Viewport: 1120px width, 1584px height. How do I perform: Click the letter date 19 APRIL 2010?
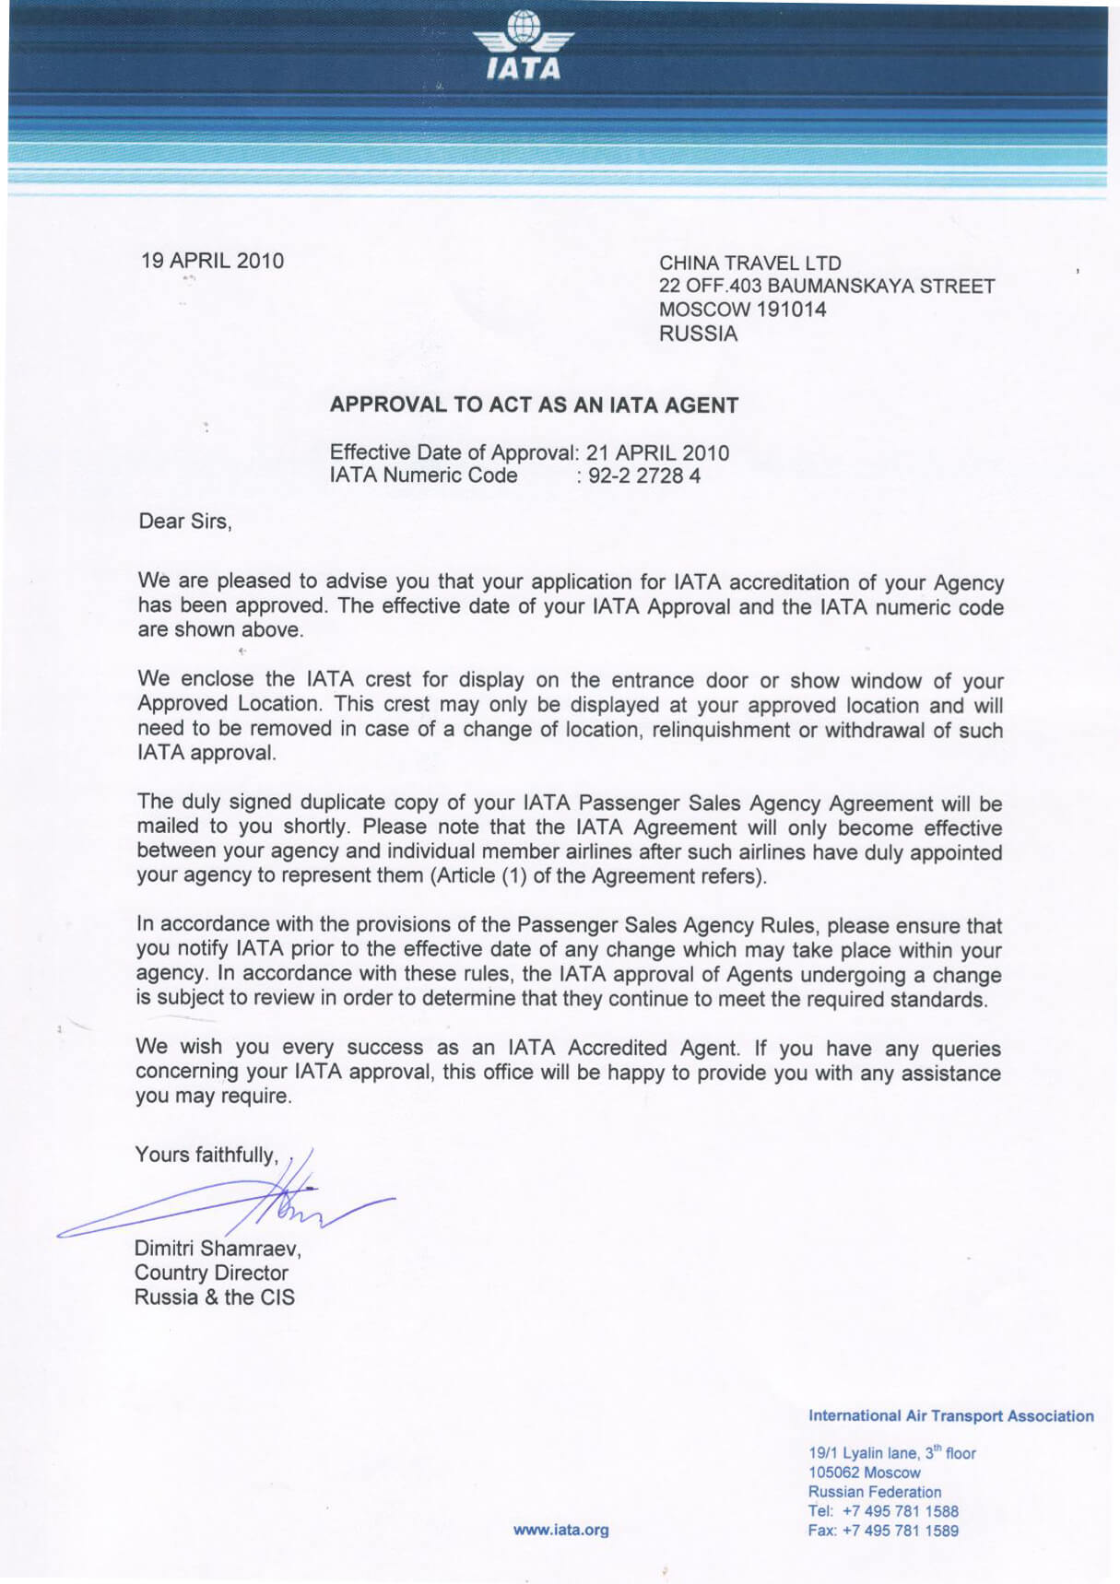pos(212,261)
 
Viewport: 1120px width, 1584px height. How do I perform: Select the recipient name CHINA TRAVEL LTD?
pos(749,263)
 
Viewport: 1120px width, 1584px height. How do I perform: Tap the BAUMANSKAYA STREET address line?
pos(827,286)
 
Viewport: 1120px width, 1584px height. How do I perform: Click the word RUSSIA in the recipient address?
pos(698,334)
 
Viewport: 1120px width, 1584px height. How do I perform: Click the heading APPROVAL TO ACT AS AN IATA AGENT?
pos(534,405)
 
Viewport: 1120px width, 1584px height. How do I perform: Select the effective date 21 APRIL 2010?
pos(657,452)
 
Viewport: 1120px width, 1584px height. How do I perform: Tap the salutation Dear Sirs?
pos(184,522)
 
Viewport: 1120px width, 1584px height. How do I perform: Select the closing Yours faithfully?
pos(206,1155)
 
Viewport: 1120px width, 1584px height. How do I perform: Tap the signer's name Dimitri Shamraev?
pos(218,1249)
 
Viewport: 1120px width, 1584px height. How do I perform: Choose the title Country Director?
pos(211,1273)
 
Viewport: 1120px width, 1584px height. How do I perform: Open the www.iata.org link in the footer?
pos(560,1530)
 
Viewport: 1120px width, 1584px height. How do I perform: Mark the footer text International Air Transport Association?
pos(950,1415)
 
